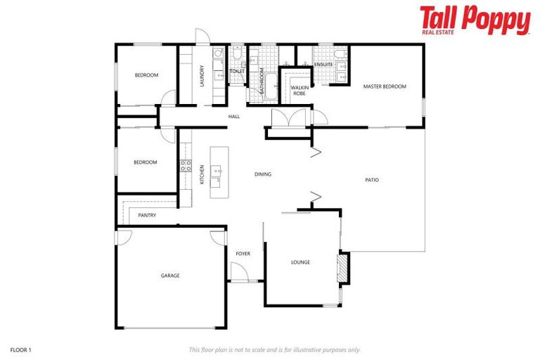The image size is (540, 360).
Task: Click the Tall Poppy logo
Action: click(x=475, y=20)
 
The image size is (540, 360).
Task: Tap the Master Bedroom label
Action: click(x=385, y=86)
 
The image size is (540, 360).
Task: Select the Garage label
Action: click(x=170, y=276)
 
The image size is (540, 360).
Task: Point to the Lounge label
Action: click(x=300, y=262)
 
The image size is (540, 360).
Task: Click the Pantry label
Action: click(x=147, y=215)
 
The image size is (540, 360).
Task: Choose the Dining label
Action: click(x=263, y=174)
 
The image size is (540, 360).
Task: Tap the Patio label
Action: click(x=372, y=180)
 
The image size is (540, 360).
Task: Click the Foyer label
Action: click(x=243, y=253)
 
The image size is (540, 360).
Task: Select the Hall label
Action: click(x=234, y=117)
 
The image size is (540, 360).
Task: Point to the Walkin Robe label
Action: click(x=298, y=90)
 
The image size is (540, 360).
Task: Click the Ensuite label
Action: click(x=323, y=65)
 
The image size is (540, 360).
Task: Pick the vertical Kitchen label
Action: click(x=202, y=174)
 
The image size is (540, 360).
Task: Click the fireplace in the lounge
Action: click(x=342, y=268)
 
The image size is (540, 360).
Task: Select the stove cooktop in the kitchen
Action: click(x=186, y=166)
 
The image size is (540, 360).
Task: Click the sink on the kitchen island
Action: click(x=216, y=170)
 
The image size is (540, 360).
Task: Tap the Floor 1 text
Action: click(x=21, y=349)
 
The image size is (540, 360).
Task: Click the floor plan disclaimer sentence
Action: click(x=274, y=349)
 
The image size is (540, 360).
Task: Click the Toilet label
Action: click(x=237, y=71)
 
